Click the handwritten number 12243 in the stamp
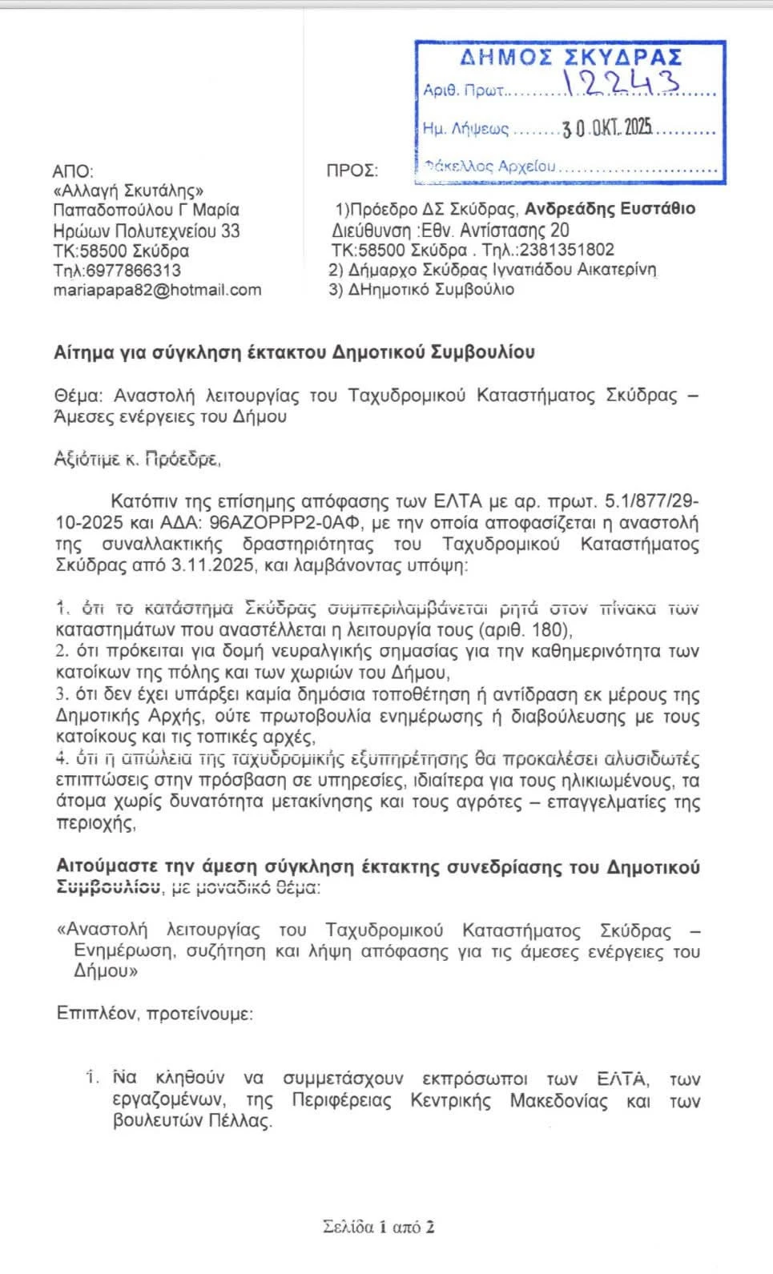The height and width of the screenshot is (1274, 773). (x=622, y=83)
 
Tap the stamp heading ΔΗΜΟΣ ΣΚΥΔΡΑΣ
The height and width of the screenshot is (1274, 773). (x=570, y=57)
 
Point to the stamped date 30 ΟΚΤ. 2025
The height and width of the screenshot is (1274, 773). (x=607, y=128)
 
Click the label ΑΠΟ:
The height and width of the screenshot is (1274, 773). (x=72, y=171)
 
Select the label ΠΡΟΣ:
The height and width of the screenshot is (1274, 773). (x=352, y=171)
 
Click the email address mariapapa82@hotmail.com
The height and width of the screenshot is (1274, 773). (x=157, y=290)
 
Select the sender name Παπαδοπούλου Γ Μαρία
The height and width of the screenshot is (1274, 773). (x=146, y=211)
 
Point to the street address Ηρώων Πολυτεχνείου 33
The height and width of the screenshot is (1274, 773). (x=146, y=231)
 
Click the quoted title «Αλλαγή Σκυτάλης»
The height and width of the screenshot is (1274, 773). (x=128, y=191)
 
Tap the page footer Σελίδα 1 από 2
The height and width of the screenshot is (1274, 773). (x=378, y=1227)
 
